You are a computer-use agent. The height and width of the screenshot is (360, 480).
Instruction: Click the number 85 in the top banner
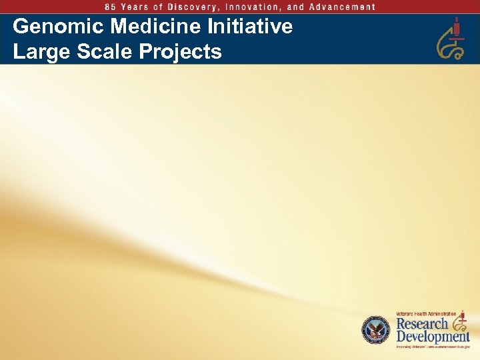coord(110,7)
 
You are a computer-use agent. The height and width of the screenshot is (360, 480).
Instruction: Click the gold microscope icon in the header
coord(451,39)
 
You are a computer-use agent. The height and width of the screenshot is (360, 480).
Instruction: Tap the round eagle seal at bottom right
coord(375,330)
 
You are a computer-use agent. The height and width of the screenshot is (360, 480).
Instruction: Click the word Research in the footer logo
coord(422,324)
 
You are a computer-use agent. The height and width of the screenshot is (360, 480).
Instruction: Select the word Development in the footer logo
coord(433,337)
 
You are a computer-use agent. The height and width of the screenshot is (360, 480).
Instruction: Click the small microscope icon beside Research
coord(459,321)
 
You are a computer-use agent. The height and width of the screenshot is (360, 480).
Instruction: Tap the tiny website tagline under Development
coord(433,347)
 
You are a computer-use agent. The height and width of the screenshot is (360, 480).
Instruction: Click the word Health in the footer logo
coord(421,313)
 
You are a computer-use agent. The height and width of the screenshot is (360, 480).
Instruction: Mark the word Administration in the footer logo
coord(443,313)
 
